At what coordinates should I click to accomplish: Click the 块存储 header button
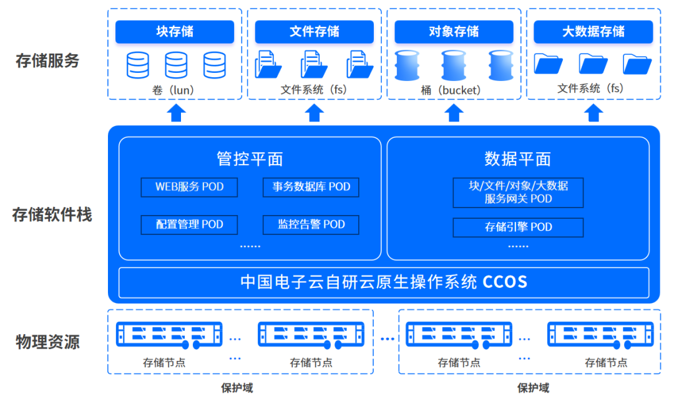point(175,32)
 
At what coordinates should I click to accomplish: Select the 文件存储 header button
point(314,32)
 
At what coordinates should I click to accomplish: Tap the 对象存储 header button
point(454,32)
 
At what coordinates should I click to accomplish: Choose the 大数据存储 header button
point(593,32)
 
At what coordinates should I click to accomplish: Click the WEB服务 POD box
point(189,187)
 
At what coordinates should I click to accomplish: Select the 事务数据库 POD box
point(311,187)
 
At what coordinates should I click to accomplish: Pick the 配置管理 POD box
point(189,224)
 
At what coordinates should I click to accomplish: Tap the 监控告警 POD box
point(311,224)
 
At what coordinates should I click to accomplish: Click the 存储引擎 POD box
point(518,227)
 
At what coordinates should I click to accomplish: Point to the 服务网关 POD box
point(518,193)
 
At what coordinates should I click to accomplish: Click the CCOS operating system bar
point(384,282)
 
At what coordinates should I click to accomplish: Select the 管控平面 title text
point(250,159)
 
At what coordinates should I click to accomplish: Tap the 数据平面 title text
point(518,159)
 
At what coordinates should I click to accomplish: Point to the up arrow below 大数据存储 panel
point(594,113)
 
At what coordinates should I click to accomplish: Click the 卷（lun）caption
point(173,90)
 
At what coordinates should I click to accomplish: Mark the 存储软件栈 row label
point(52,215)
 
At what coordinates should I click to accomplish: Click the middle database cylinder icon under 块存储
point(176,65)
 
